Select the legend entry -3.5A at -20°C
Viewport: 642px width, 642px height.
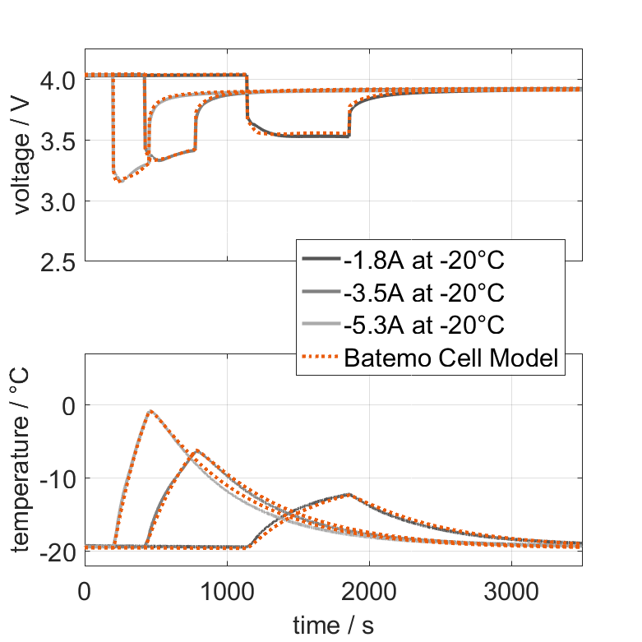[424, 293]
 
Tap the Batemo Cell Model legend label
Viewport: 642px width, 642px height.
[452, 358]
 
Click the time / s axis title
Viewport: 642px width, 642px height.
[333, 625]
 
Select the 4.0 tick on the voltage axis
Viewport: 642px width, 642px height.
[58, 81]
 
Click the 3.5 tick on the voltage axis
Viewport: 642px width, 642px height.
[58, 141]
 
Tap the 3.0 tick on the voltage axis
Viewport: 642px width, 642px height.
[58, 201]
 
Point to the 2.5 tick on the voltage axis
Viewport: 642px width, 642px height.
[58, 261]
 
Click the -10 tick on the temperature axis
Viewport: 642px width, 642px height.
[54, 478]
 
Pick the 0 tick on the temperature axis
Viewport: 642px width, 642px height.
[68, 406]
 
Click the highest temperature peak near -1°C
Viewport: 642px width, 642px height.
[150, 411]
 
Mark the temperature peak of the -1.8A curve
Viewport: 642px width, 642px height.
[349, 494]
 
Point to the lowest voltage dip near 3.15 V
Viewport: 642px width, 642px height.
[121, 181]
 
